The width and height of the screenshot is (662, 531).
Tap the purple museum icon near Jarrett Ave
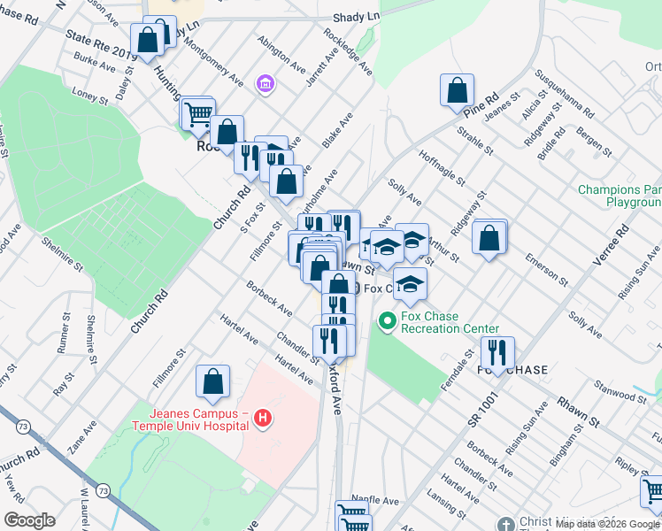coord(263,84)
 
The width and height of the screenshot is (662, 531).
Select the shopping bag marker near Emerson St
coord(489,236)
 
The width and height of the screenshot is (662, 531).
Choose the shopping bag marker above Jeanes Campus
coord(213,381)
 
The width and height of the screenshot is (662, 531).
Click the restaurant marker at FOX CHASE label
coord(497,352)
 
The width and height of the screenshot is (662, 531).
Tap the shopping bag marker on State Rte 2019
coord(147,39)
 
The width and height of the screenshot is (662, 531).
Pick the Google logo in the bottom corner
coord(29,520)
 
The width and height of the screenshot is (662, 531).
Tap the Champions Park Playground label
coord(620,196)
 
